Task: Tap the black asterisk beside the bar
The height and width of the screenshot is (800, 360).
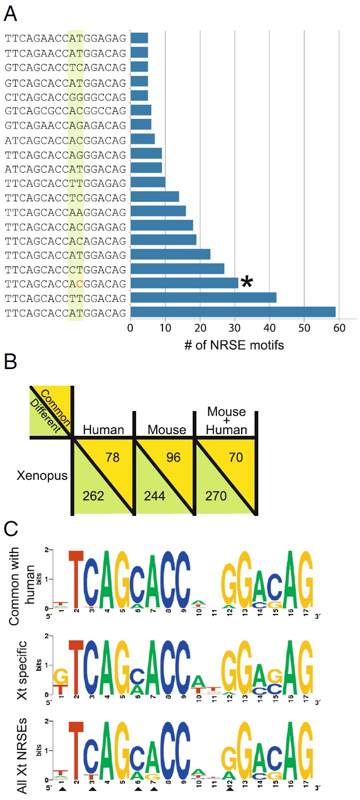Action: [247, 282]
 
